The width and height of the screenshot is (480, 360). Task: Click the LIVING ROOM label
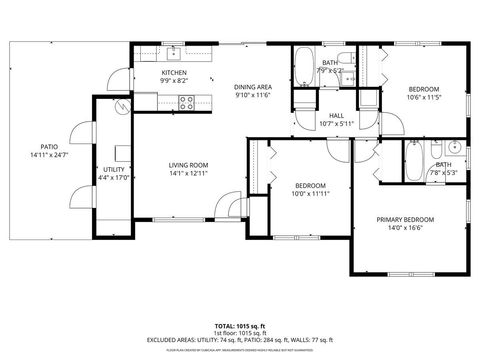(187, 165)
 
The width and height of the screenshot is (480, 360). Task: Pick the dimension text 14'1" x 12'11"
(187, 174)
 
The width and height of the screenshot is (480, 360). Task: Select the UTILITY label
(113, 169)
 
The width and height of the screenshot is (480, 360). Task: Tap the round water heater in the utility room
(122, 107)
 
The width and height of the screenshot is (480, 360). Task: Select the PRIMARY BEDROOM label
(405, 219)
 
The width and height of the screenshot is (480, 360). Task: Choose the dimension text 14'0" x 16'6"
(405, 228)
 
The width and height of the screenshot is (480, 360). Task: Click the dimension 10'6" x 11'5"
(423, 98)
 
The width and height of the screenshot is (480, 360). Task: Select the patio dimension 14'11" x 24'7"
(47, 155)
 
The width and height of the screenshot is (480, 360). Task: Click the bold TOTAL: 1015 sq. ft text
(239, 326)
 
